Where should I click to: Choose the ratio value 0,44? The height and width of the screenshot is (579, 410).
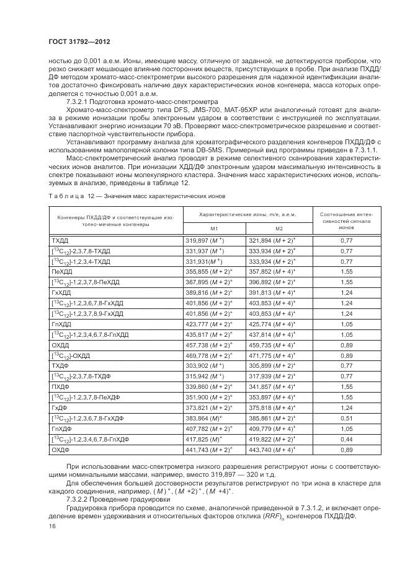347,439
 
